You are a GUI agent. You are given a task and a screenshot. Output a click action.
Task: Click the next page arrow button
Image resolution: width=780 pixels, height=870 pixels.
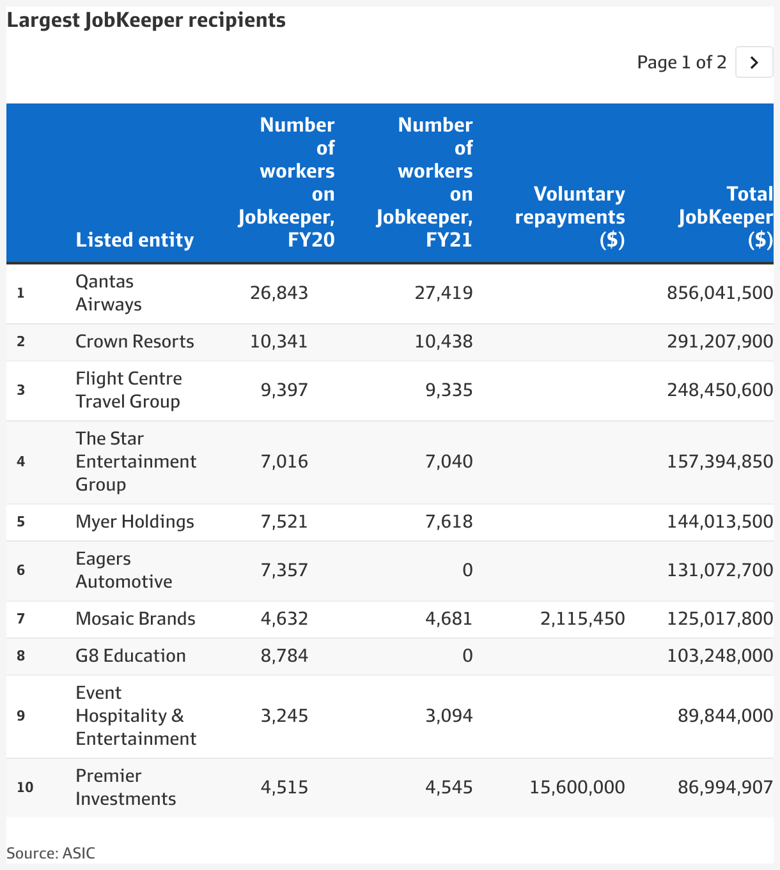(x=754, y=62)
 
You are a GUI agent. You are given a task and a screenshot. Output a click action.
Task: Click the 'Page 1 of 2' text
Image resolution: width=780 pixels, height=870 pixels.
(x=682, y=62)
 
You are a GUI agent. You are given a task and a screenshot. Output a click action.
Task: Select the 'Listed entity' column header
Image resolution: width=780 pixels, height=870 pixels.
(x=134, y=240)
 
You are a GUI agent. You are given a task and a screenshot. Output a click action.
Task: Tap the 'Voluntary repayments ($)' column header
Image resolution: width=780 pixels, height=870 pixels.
(x=570, y=217)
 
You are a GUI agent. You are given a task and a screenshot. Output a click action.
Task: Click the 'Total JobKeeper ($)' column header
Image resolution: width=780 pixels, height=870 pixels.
(x=726, y=217)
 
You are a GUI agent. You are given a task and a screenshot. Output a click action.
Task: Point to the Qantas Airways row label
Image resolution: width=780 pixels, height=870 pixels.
(x=108, y=293)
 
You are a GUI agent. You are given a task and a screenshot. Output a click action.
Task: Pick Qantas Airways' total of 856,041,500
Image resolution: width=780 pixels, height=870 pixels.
(x=720, y=293)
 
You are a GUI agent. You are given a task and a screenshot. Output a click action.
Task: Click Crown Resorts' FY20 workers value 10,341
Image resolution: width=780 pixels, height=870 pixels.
(x=279, y=341)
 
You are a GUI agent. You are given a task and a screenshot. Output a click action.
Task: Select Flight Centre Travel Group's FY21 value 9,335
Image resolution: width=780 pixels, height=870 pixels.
(x=449, y=390)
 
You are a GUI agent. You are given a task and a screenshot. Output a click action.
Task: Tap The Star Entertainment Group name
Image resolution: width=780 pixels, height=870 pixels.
(x=136, y=462)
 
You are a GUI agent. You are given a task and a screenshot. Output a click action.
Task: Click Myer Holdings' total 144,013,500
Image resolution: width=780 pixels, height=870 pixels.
(x=720, y=521)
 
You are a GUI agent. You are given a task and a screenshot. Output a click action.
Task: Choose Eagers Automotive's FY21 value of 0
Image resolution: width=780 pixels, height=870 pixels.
(x=467, y=570)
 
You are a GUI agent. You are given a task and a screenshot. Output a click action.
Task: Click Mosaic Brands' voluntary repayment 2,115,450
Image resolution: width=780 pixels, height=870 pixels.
(x=582, y=618)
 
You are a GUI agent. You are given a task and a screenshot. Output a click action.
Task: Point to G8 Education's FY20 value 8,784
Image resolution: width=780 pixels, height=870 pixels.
(x=284, y=656)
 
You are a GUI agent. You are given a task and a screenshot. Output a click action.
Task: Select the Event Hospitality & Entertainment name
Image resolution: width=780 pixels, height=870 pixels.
(x=136, y=715)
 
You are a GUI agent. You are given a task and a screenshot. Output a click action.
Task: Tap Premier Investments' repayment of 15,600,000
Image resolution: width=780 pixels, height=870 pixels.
(x=577, y=787)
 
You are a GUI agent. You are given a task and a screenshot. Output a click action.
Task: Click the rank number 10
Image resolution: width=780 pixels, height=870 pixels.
(x=25, y=787)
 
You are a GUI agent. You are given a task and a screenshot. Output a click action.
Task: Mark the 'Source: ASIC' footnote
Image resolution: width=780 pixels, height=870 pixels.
(x=51, y=853)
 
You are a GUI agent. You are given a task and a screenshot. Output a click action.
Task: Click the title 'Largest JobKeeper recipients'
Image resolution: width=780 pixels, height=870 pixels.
(x=146, y=20)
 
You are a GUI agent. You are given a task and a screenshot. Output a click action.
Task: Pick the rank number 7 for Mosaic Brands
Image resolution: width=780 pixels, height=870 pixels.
(x=20, y=618)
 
